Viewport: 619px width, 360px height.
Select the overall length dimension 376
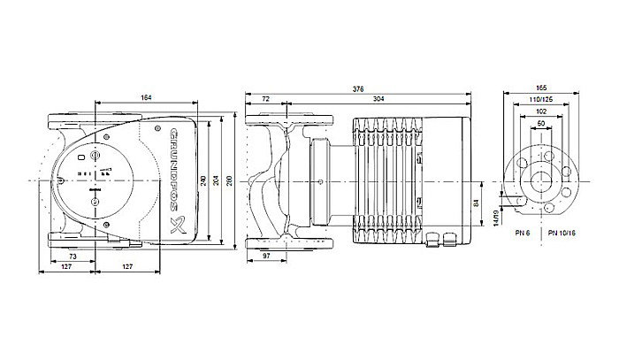[x=357, y=88]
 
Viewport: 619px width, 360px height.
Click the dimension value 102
[x=541, y=114]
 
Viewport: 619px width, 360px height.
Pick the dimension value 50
[x=541, y=126]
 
